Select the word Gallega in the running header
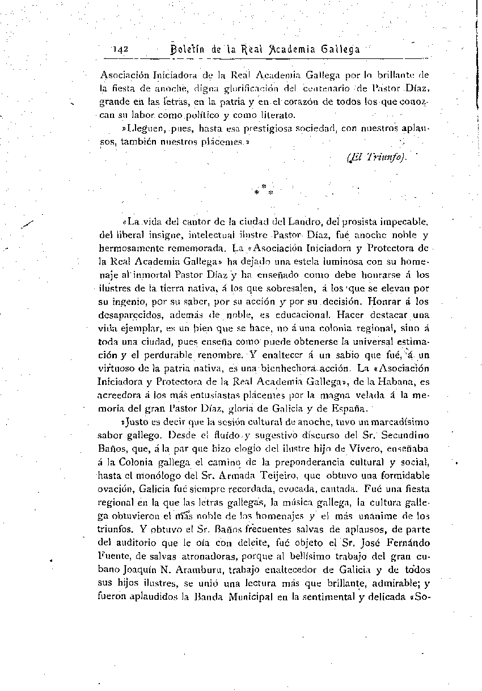(x=340, y=49)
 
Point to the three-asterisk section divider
(x=263, y=189)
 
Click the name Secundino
(x=406, y=435)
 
